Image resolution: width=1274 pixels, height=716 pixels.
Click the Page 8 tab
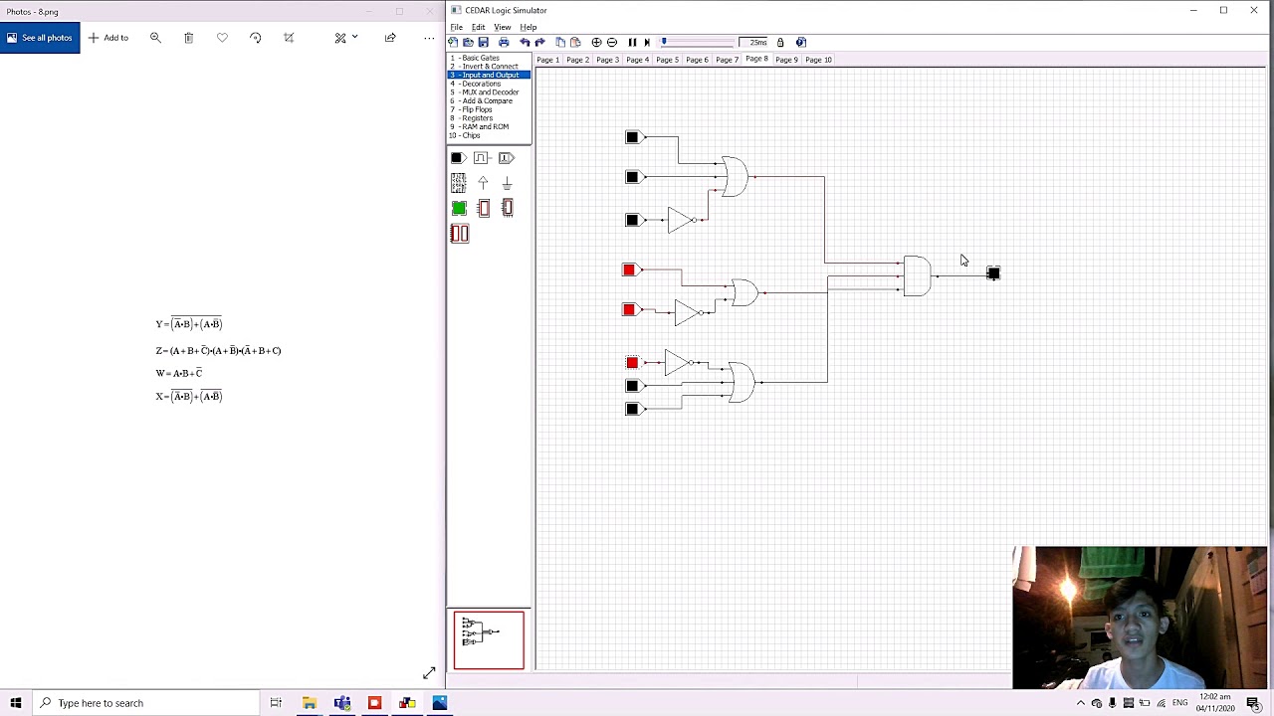(x=756, y=60)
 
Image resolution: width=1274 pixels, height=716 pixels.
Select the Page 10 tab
(x=818, y=60)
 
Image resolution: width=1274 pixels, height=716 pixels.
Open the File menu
(x=456, y=27)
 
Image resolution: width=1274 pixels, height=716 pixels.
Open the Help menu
(x=528, y=27)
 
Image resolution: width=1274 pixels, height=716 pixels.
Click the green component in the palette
(x=459, y=208)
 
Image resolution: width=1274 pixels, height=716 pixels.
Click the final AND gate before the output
(x=917, y=275)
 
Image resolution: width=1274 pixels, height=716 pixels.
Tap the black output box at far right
(x=992, y=273)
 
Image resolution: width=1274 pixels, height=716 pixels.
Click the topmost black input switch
(x=632, y=137)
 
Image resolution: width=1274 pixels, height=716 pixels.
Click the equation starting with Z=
(x=218, y=350)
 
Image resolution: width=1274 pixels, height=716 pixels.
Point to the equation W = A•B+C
(x=179, y=373)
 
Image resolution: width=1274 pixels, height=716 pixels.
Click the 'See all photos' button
(x=40, y=38)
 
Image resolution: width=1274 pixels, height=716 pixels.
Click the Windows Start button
(x=15, y=703)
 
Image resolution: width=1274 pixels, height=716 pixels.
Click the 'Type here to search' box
(x=149, y=703)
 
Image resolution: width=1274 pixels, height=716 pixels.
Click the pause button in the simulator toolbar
(x=632, y=43)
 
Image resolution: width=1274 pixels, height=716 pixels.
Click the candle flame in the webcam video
(x=1069, y=588)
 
